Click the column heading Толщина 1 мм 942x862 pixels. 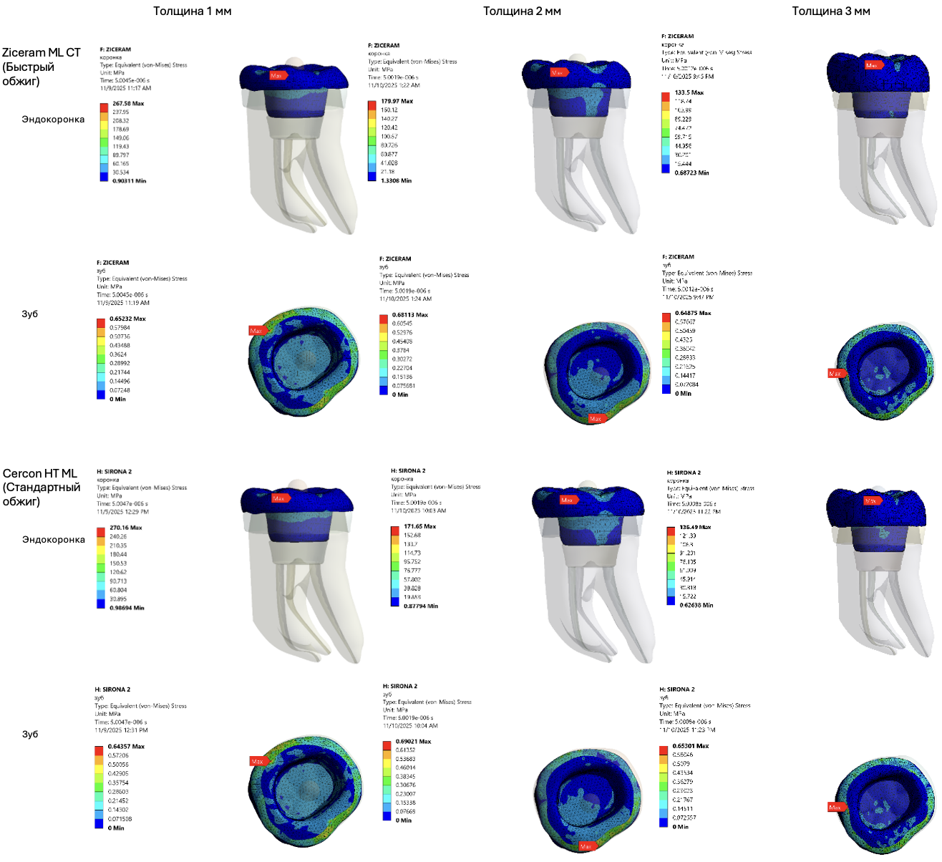(192, 11)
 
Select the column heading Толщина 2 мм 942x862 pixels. (522, 11)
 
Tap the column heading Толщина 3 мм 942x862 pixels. (830, 11)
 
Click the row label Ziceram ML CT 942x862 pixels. (42, 53)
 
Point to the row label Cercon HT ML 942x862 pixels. (40, 474)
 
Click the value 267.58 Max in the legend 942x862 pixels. (128, 104)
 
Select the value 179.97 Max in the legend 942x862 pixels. (397, 102)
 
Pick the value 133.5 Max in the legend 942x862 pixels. (689, 92)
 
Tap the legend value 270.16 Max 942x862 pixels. (125, 528)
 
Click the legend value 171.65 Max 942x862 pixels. (419, 526)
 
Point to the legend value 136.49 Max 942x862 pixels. (695, 527)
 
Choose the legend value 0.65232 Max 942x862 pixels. (127, 319)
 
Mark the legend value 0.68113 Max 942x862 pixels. (410, 315)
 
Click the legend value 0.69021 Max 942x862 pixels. (413, 742)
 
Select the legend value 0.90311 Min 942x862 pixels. (129, 181)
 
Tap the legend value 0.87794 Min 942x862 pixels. (421, 606)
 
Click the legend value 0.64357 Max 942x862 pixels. (126, 747)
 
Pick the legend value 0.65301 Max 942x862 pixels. (691, 746)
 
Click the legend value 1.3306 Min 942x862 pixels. (396, 181)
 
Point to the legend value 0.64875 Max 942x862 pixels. (693, 314)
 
